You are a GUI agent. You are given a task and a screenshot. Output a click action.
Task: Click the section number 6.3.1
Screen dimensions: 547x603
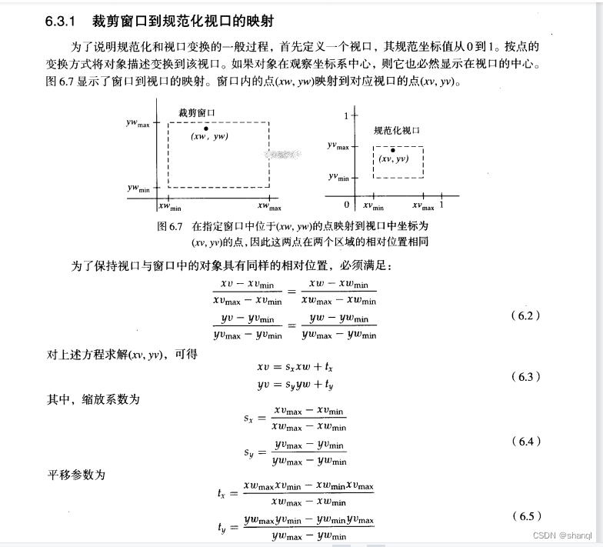tap(61, 21)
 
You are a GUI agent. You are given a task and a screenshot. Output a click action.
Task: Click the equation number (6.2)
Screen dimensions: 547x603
tap(526, 316)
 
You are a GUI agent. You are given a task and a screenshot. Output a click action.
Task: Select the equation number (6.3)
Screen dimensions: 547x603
tap(526, 377)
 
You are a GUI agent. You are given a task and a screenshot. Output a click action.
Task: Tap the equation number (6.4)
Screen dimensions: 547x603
tap(526, 442)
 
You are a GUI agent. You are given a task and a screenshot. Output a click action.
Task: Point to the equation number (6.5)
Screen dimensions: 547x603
tap(526, 516)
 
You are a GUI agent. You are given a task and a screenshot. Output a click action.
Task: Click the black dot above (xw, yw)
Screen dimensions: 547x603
tap(206, 127)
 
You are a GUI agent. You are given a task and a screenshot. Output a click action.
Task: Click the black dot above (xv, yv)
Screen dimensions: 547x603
tap(392, 150)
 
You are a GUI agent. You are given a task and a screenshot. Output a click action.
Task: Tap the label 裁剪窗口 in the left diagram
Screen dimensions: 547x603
tap(197, 112)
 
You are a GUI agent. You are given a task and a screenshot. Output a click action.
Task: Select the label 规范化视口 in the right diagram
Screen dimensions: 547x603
tap(397, 131)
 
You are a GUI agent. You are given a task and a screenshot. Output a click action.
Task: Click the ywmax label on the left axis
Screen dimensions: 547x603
tap(138, 122)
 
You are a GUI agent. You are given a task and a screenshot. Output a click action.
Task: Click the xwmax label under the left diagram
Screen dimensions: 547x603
tap(269, 207)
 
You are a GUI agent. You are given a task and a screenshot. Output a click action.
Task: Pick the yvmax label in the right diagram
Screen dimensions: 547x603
tap(338, 145)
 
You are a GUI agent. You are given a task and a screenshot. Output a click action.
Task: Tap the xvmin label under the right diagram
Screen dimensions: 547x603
tap(373, 206)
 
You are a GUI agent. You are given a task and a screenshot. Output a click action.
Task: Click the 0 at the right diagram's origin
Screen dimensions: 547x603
tap(347, 205)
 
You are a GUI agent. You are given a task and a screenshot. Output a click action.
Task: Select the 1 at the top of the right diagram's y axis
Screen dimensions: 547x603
tap(347, 115)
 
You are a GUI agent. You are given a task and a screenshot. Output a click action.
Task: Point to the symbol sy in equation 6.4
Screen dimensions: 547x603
tap(249, 453)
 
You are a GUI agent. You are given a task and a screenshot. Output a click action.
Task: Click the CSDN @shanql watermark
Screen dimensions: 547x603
tap(561, 535)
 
